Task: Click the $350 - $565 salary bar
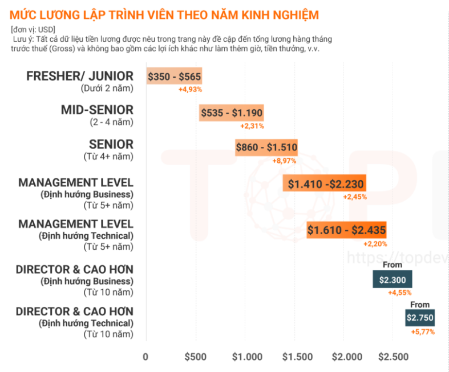(x=175, y=77)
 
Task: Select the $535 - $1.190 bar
(x=232, y=113)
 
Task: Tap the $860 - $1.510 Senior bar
(x=266, y=147)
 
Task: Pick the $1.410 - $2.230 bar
(x=324, y=183)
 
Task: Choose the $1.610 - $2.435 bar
(x=346, y=230)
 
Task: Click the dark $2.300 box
(x=393, y=279)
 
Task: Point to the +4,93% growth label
(x=190, y=89)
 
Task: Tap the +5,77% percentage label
(x=423, y=332)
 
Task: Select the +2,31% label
(x=252, y=126)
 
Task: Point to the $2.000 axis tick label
(x=347, y=357)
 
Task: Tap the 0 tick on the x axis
(x=146, y=357)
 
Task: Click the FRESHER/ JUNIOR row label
(x=80, y=76)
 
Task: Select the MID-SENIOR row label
(x=97, y=110)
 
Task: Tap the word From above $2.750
(x=420, y=305)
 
